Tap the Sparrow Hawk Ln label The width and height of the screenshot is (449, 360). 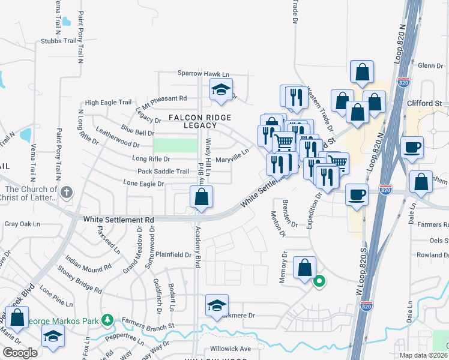(203, 73)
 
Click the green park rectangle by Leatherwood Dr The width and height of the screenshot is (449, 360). (175, 145)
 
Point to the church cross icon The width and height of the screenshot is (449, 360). (67, 193)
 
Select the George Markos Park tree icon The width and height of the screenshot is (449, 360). (107, 321)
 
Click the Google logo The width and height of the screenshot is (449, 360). (20, 353)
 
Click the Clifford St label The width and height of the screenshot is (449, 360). (424, 103)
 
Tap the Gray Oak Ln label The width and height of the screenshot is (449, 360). (22, 224)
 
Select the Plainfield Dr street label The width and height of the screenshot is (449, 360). (173, 254)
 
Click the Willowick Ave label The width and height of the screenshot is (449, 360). (231, 349)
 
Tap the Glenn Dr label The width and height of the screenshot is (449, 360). (430, 65)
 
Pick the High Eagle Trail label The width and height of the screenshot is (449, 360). (108, 103)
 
